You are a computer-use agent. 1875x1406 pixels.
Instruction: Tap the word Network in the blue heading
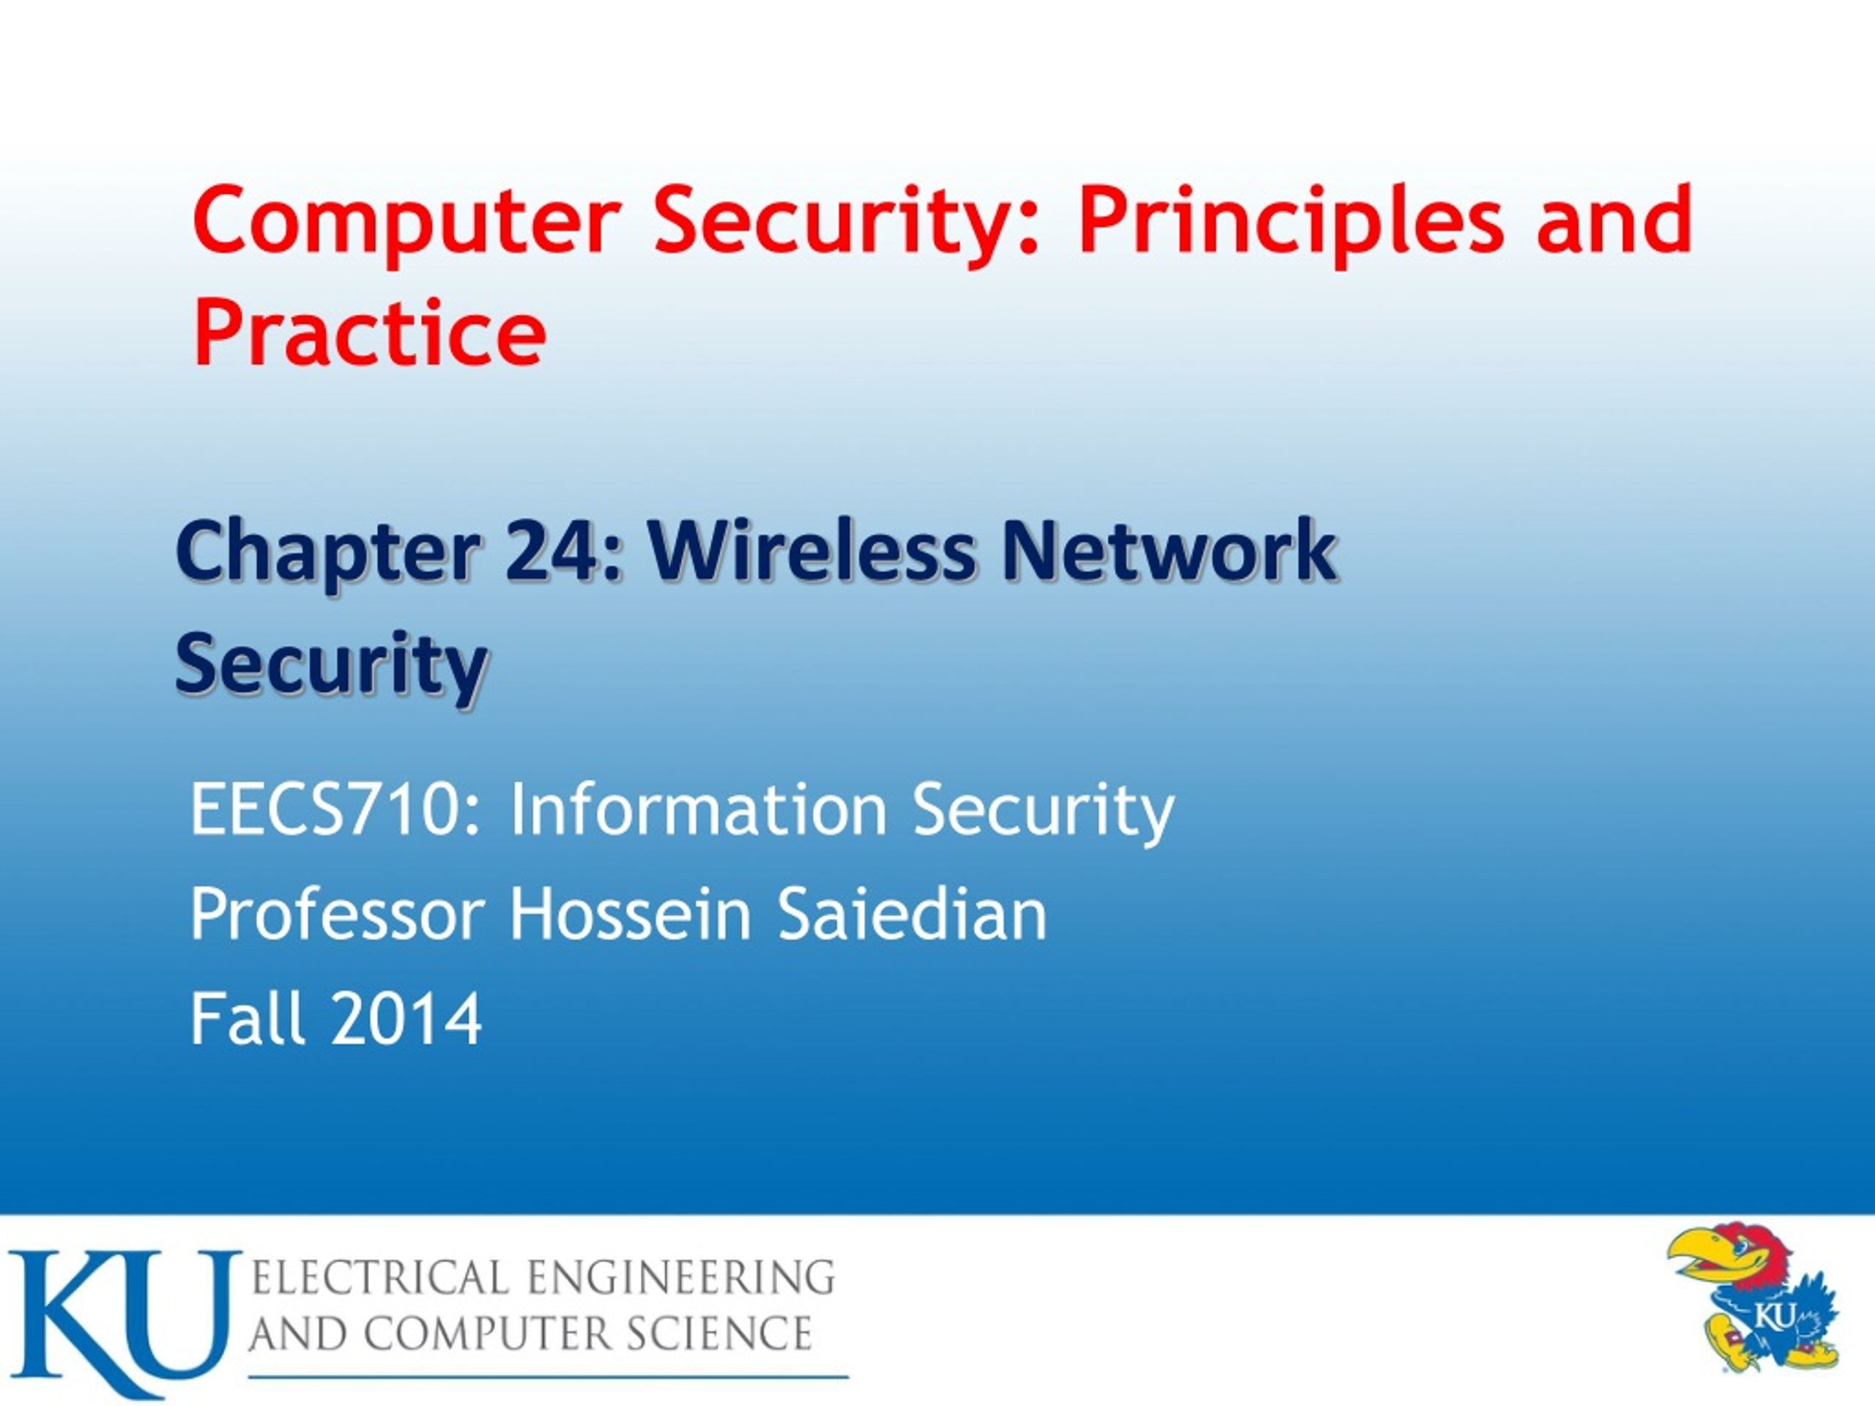tap(1169, 551)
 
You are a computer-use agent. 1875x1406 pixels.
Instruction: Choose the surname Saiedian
tap(912, 915)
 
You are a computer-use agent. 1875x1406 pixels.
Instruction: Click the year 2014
tap(407, 1019)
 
